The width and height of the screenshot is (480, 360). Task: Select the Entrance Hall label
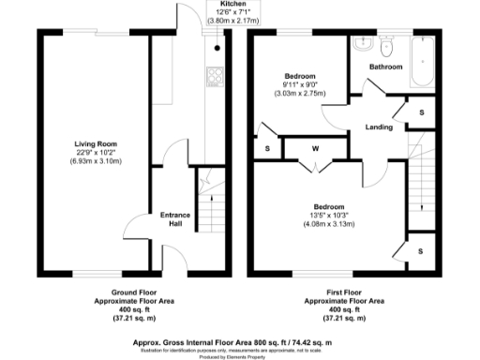coord(174,218)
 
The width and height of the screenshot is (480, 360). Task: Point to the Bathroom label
coord(385,67)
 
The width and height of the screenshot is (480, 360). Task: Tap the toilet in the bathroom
coord(385,44)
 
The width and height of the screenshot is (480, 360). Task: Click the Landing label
coord(379,127)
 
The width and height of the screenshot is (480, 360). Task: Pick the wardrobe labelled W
coord(315,149)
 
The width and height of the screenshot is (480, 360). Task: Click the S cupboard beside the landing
coord(421,112)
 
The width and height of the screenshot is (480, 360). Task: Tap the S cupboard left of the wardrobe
coord(267,149)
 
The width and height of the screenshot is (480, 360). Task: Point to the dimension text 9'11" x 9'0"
coord(300,85)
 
